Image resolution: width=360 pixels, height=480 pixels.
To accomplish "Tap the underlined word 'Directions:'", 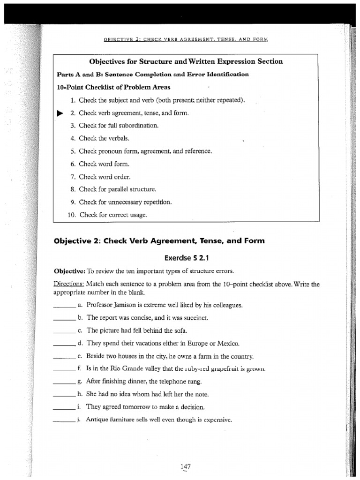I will pyautogui.click(x=69, y=284).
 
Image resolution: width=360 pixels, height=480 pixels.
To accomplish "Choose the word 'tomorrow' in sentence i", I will pyautogui.click(x=140, y=407).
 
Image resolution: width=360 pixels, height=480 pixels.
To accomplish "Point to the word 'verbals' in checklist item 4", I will pyautogui.click(x=118, y=138).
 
